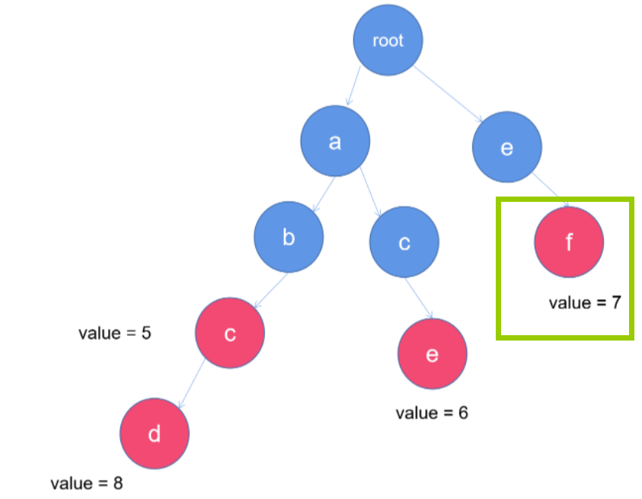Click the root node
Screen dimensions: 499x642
point(388,41)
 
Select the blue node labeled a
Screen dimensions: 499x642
point(335,142)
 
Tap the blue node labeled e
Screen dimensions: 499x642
point(506,148)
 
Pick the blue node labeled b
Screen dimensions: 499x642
point(289,237)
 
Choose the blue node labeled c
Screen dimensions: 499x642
point(404,243)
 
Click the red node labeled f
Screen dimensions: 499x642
point(569,242)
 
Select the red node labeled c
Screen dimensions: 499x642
point(230,334)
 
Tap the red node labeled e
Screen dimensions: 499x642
point(432,354)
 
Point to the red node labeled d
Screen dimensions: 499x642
point(154,434)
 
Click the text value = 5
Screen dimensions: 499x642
point(115,333)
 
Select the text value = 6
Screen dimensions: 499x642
point(432,413)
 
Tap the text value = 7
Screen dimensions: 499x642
point(585,302)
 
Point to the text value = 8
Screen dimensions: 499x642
point(87,483)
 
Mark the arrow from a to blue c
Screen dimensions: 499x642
point(371,194)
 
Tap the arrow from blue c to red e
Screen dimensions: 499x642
point(419,297)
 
